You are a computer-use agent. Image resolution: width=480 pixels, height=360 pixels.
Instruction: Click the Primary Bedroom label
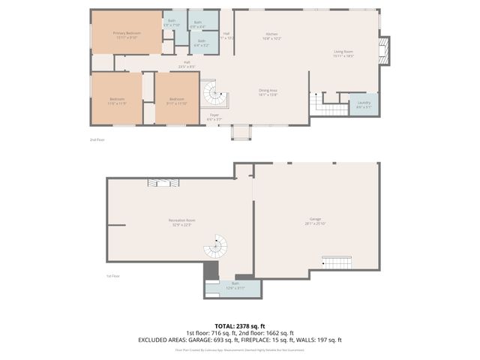pos(127,34)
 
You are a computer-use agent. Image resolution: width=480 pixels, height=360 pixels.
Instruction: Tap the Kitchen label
pos(271,36)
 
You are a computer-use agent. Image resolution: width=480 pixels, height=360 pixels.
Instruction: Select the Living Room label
pos(344,53)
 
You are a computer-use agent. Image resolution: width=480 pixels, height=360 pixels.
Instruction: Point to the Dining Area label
pos(268,93)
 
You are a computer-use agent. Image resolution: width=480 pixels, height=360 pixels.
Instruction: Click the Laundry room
pos(364,104)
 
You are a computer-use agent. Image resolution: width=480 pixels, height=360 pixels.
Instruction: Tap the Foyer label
pos(214,117)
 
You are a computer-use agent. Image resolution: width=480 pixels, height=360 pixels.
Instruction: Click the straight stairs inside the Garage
pos(337,262)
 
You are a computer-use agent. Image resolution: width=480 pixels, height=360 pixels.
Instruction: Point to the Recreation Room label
pos(181,221)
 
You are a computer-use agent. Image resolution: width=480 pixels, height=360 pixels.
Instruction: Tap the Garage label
pos(314,221)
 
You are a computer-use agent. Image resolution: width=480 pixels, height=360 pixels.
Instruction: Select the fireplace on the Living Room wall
pos(384,51)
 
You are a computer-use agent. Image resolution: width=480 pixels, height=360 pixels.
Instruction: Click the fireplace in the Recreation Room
pos(163,182)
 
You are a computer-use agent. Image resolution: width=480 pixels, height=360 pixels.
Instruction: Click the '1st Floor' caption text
pos(113,276)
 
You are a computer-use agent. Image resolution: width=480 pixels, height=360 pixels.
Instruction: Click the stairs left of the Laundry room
pos(328,103)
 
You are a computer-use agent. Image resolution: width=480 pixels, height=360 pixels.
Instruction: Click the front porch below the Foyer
pos(241,133)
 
